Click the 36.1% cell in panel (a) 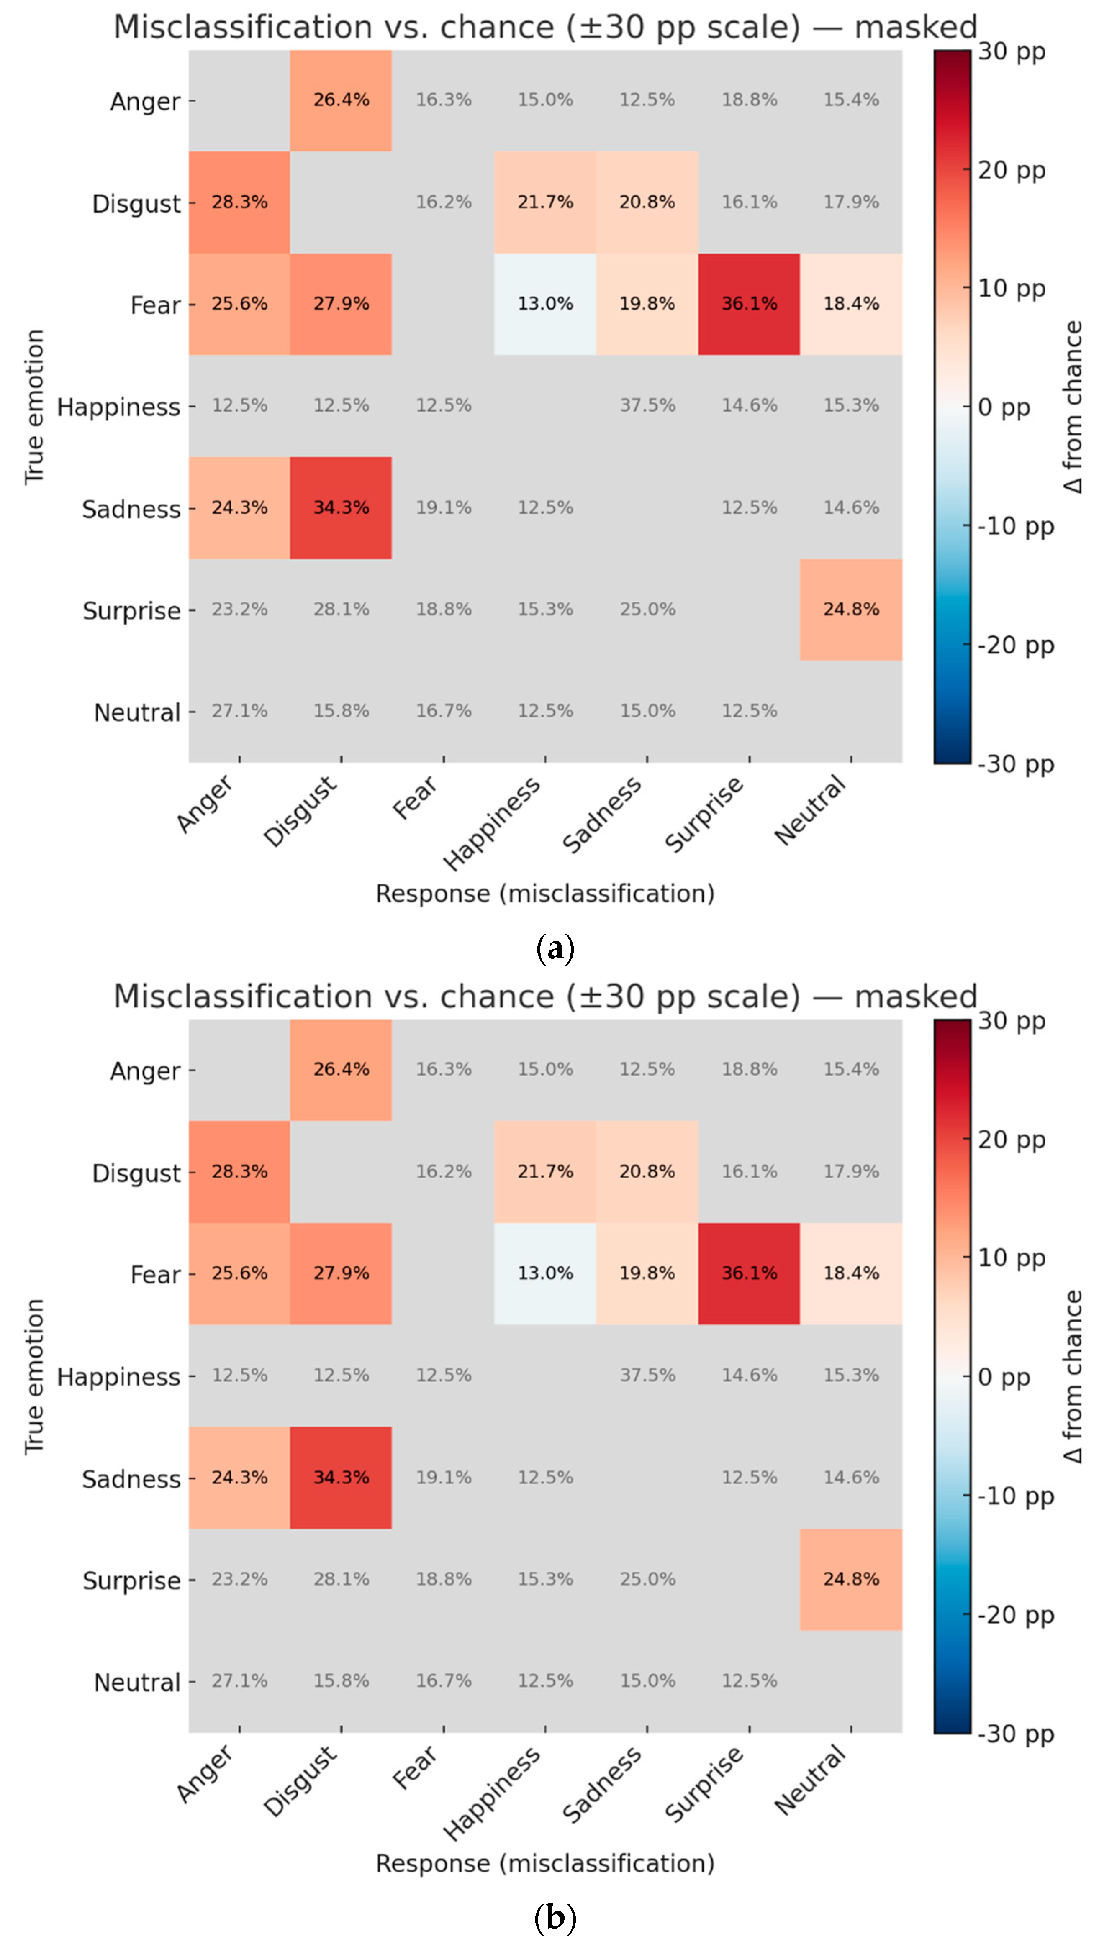tap(749, 304)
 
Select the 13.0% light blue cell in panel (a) tap(545, 304)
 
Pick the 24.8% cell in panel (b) tap(850, 1579)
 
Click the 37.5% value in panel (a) tap(647, 406)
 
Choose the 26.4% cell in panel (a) tap(341, 100)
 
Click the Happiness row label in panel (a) tap(118, 407)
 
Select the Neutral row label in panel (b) tap(137, 1683)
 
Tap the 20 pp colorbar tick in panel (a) tap(1011, 170)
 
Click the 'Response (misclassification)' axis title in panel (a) tap(545, 894)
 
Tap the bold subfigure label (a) tap(555, 949)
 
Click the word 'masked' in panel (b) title tap(915, 997)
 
